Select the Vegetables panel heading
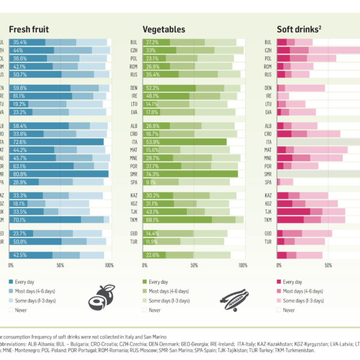(163, 29)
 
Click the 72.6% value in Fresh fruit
(19, 142)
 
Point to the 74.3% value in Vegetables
(153, 173)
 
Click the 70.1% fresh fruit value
(19, 220)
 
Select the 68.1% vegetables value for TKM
(153, 220)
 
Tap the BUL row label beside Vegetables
(134, 42)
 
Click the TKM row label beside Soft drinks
(268, 220)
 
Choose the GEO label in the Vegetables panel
(134, 233)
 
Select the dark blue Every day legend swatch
(11, 281)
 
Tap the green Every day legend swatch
(145, 281)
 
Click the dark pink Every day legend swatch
(279, 281)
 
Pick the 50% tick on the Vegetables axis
(194, 265)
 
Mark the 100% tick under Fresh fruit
(108, 265)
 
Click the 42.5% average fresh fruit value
(19, 255)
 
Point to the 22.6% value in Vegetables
(153, 255)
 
